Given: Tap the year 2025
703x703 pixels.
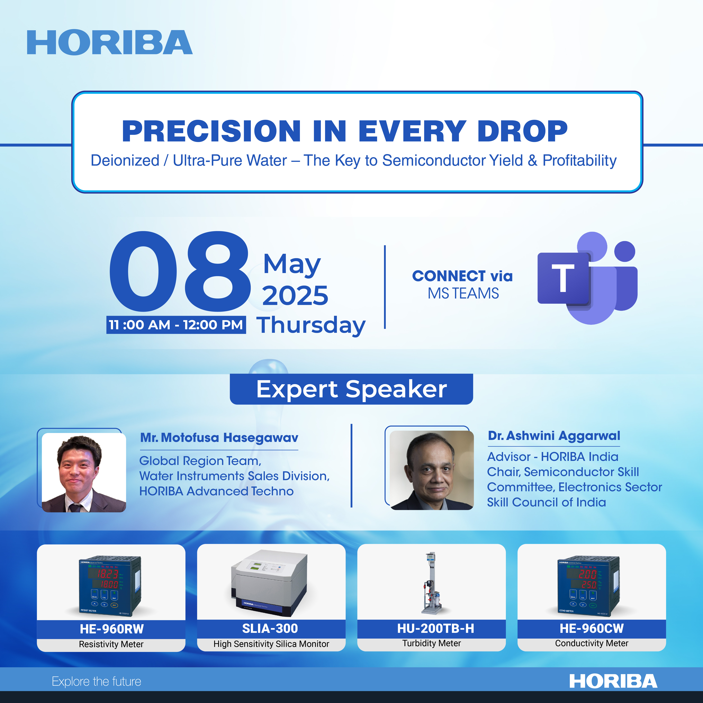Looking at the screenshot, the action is click(x=295, y=295).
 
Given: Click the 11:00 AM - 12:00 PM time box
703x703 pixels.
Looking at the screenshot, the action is click(x=176, y=325).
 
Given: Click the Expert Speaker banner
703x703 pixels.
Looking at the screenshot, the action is click(x=351, y=389).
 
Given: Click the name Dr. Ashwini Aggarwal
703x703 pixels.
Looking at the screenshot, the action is click(x=554, y=436).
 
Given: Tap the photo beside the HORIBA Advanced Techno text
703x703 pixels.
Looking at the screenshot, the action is click(x=84, y=472).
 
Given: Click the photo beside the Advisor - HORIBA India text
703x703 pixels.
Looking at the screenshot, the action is click(x=432, y=470).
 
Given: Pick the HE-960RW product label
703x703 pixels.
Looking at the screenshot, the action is click(x=112, y=629).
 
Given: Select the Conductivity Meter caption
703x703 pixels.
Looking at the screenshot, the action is click(x=592, y=643).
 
